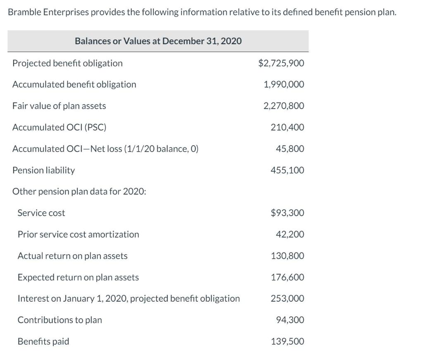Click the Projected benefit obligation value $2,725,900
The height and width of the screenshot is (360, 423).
point(281,63)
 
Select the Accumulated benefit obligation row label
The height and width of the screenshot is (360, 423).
point(74,84)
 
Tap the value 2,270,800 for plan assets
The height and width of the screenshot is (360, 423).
point(284,106)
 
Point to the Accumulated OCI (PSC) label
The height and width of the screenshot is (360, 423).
point(59,127)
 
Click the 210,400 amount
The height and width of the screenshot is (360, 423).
point(287,127)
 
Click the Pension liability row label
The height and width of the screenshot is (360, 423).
point(44,170)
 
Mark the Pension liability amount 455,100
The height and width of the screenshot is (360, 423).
point(287,170)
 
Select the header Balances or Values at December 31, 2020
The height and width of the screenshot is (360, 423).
point(158,41)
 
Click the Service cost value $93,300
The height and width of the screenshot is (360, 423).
point(287,213)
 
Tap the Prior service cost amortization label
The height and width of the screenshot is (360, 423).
point(78,234)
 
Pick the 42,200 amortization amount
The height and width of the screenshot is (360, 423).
point(290,234)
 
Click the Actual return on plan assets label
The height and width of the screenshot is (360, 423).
point(72,256)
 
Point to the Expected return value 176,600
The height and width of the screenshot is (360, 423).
point(287,277)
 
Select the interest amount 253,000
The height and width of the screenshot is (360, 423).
point(287,298)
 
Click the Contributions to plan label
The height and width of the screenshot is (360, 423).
point(59,320)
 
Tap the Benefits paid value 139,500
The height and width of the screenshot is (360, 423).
point(287,341)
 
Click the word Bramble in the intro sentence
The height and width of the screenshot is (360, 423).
point(23,12)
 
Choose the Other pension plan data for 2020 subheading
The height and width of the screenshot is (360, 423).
point(79,192)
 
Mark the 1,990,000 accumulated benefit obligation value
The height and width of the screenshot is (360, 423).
point(284,84)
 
